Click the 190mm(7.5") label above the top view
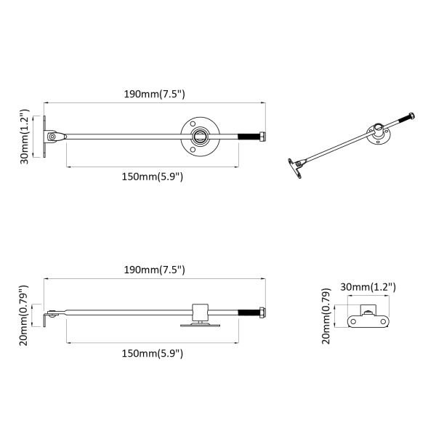pyautogui.click(x=154, y=94)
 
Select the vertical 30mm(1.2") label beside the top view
pyautogui.click(x=25, y=137)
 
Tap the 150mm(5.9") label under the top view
pyautogui.click(x=153, y=177)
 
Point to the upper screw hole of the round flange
pyautogui.click(x=193, y=124)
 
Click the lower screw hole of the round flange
pyautogui.click(x=193, y=150)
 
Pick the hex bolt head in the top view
pyautogui.click(x=262, y=137)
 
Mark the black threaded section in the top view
pyautogui.click(x=249, y=137)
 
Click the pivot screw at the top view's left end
pyautogui.click(x=52, y=137)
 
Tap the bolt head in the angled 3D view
pyautogui.click(x=412, y=116)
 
